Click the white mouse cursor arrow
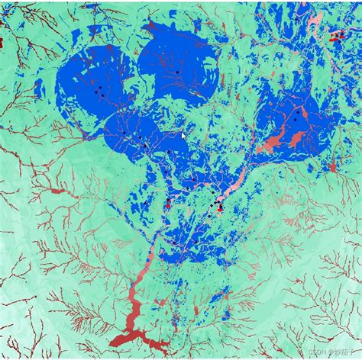184,136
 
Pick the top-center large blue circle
178,69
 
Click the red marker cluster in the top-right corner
337,35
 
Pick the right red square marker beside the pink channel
220,207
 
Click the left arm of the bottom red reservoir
118,340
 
